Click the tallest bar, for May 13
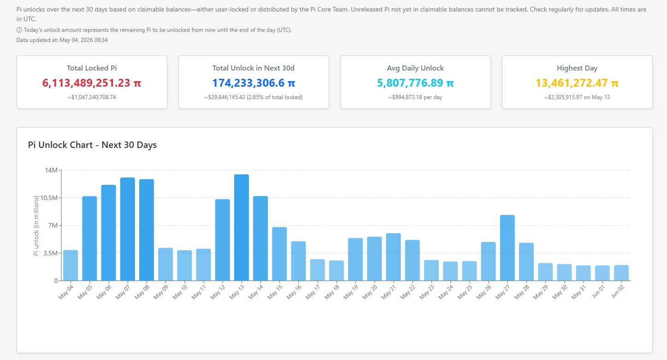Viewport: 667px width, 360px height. [x=241, y=228]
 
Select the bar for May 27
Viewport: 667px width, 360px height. [x=507, y=248]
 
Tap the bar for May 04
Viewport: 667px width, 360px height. [x=71, y=266]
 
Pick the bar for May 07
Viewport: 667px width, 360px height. [x=127, y=229]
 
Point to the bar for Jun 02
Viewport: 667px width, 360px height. [x=621, y=273]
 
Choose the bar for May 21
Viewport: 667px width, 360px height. [x=393, y=257]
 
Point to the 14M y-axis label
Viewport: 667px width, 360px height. [x=51, y=170]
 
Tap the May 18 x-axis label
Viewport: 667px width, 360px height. [x=332, y=292]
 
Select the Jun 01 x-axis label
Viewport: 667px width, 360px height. [x=598, y=291]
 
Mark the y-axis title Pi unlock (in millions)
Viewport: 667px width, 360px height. [x=36, y=225]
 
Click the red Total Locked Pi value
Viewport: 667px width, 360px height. [x=92, y=83]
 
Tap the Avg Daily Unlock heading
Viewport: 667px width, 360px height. [x=415, y=68]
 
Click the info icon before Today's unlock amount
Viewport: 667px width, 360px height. [x=19, y=30]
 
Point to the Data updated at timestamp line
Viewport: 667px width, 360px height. [x=62, y=40]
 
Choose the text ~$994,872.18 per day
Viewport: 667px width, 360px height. [x=415, y=97]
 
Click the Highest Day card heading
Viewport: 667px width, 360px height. [x=577, y=68]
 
